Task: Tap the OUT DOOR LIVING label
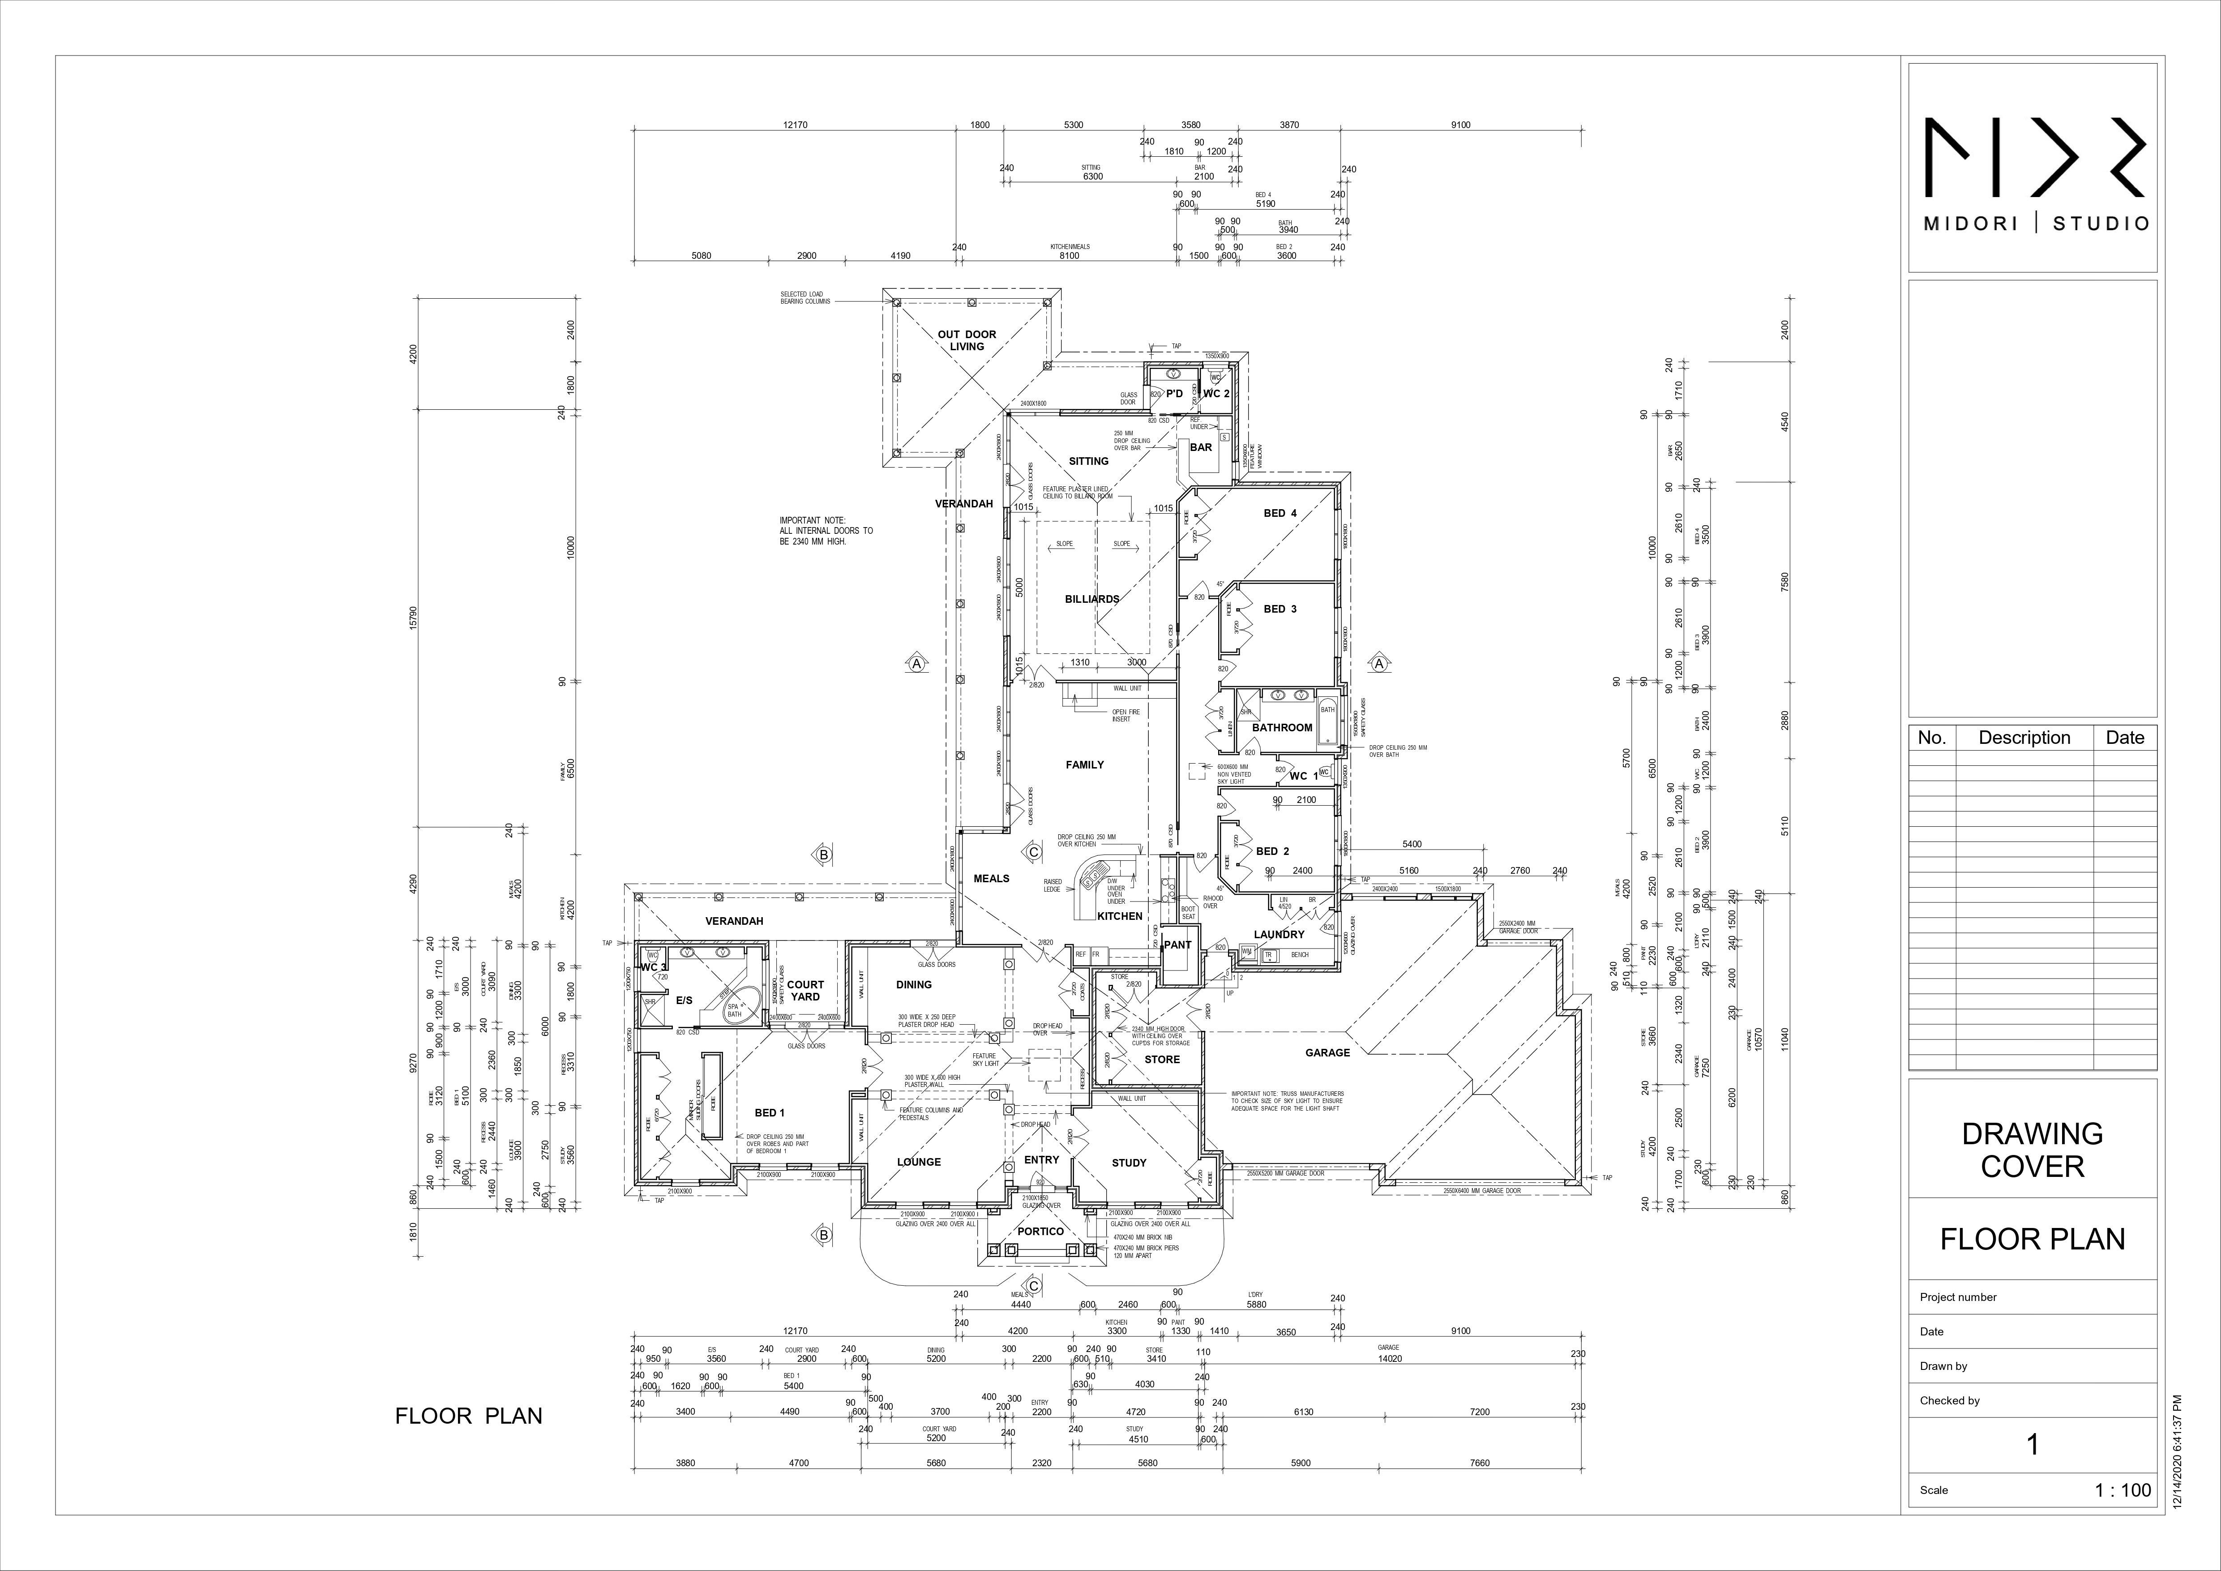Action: coord(967,340)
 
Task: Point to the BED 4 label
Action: coord(1280,514)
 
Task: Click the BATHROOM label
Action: coord(1282,727)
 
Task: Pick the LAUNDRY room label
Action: coord(1279,935)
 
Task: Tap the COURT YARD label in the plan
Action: coord(805,991)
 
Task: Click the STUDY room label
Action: coord(1129,1163)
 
